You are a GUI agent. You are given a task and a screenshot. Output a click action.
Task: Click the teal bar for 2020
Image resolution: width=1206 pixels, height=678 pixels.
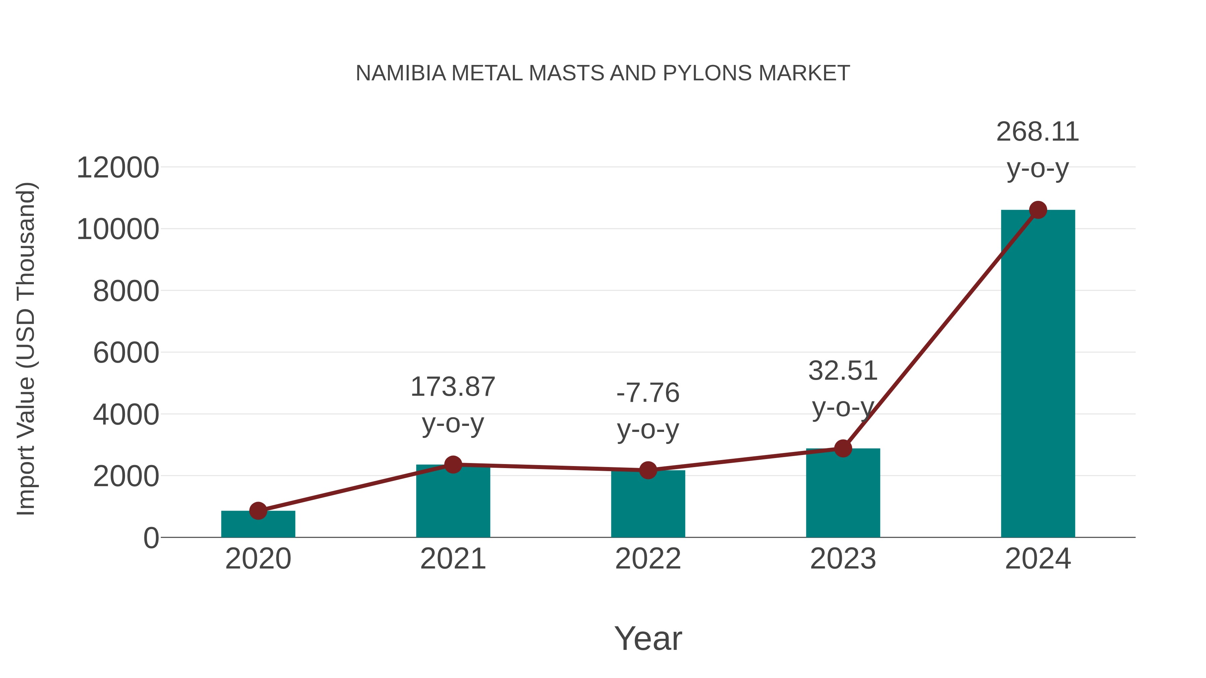[258, 525]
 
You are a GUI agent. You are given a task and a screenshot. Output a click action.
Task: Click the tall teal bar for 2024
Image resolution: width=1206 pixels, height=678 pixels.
[1038, 374]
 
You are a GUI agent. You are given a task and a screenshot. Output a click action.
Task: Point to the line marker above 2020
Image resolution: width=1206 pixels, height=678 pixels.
[258, 511]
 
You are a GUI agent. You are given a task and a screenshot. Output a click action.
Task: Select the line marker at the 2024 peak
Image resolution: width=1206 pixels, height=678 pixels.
[1038, 210]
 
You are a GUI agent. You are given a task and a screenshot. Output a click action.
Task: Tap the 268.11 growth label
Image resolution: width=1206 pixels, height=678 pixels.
[1037, 132]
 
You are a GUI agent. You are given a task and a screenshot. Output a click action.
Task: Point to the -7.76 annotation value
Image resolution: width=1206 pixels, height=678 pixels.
[648, 393]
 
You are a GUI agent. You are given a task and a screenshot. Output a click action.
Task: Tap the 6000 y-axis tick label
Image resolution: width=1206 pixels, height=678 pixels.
[126, 353]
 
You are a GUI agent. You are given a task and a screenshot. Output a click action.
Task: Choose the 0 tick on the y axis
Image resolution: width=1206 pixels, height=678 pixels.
[151, 538]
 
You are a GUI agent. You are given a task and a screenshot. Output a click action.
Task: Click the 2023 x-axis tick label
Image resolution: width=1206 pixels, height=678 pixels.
[843, 559]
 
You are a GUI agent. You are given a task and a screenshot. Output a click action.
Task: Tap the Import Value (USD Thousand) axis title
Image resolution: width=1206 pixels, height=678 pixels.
[26, 349]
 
